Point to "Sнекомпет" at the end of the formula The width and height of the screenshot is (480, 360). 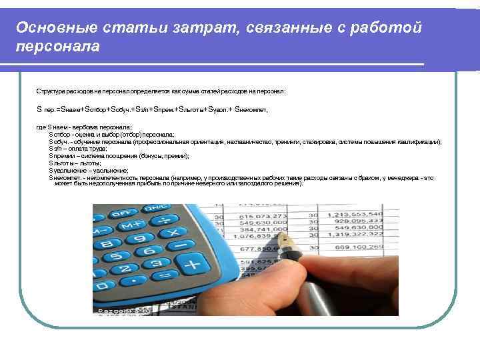coord(251,108)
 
